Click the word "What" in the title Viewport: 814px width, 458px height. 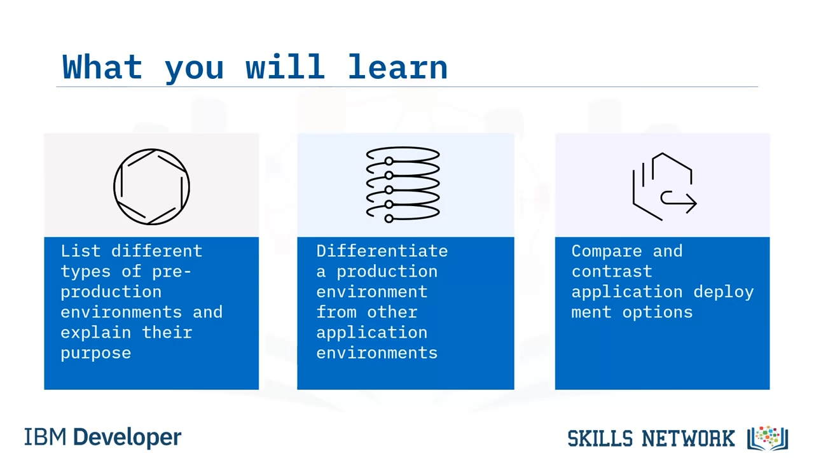(102, 67)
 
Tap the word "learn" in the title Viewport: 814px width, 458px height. (397, 66)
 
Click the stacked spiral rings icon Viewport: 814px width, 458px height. (403, 184)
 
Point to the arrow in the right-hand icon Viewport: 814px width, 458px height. (679, 202)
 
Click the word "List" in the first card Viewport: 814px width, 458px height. (80, 251)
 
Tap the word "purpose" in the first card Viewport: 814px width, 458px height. (95, 353)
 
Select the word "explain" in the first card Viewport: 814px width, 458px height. (95, 333)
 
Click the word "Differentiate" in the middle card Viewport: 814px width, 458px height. (382, 251)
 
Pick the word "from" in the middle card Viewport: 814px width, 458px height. (336, 312)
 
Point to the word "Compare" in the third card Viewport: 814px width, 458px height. (607, 251)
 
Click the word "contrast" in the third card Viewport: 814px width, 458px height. (612, 272)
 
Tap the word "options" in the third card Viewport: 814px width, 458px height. (658, 312)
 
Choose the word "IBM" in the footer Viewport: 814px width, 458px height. (45, 437)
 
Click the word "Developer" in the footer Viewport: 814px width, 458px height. (127, 438)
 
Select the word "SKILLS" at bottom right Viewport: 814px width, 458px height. (600, 438)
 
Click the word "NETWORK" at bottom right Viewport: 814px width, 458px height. (688, 438)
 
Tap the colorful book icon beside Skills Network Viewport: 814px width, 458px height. (768, 438)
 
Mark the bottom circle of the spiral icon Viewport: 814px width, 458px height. (389, 218)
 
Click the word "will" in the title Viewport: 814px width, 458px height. (286, 66)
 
